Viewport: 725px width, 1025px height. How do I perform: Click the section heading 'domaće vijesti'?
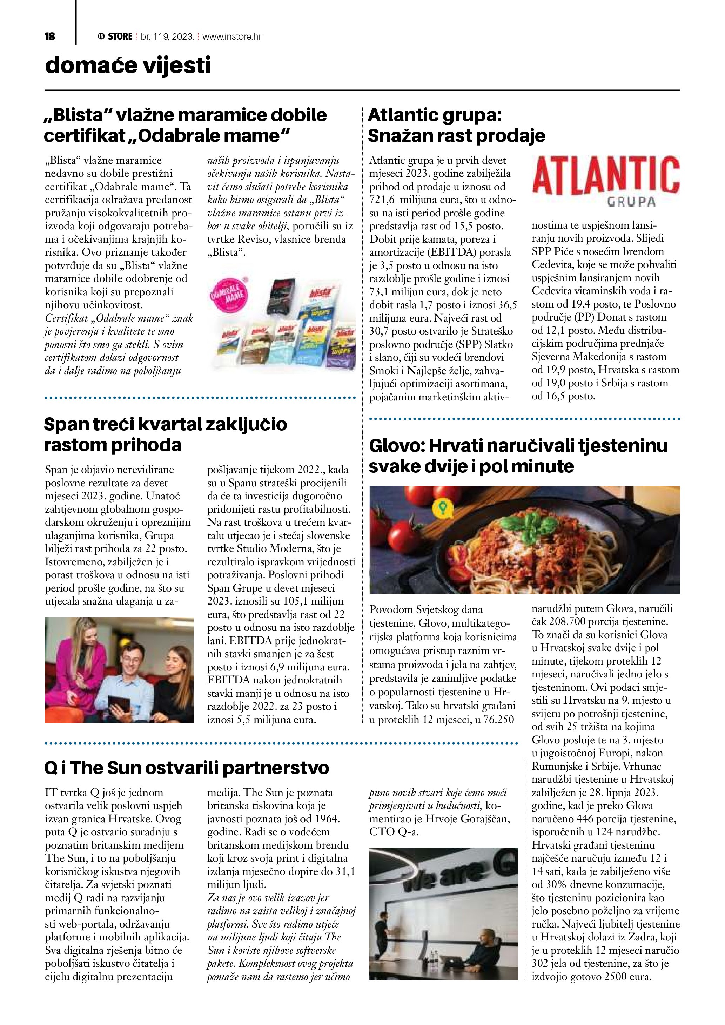coord(128,66)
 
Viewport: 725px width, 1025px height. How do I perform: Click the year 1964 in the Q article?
coord(326,819)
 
